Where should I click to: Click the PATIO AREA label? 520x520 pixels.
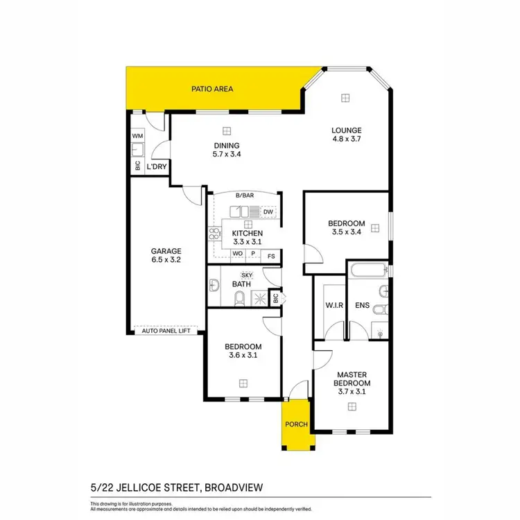tap(212, 89)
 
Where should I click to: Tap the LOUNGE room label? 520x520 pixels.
tap(346, 130)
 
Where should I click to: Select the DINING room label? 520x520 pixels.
tap(227, 146)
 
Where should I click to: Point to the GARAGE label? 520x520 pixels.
tap(166, 251)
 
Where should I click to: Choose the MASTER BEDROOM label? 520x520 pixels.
tap(352, 379)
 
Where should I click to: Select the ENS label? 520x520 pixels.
tap(362, 305)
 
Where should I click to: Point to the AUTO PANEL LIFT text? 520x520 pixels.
tap(166, 331)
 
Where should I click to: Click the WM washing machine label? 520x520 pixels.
tap(137, 137)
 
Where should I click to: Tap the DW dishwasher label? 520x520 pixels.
tap(268, 211)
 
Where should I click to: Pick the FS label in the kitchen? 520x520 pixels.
tap(271, 254)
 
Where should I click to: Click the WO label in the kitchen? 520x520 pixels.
tap(237, 254)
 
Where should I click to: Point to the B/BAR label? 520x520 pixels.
tap(244, 196)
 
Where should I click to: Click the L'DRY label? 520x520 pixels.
tap(157, 166)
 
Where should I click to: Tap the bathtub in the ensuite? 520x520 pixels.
tap(367, 270)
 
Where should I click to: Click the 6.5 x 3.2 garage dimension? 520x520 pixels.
tap(166, 261)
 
